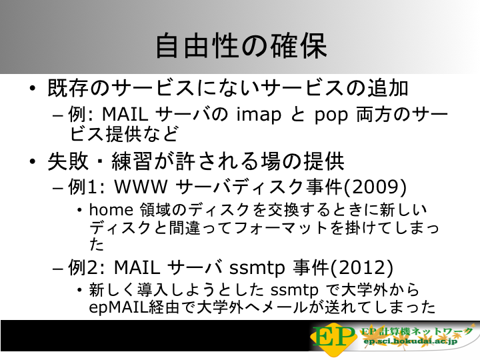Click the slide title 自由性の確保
click(241, 46)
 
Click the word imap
click(259, 115)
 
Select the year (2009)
click(375, 186)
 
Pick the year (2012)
click(362, 267)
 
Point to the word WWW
click(141, 186)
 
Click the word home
click(111, 210)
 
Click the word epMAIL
click(119, 307)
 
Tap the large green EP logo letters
click(334, 337)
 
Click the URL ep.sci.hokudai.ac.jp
click(410, 341)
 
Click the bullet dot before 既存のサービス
click(33, 89)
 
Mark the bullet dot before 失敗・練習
click(33, 161)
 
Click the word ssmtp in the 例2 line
click(257, 267)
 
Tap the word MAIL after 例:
click(125, 114)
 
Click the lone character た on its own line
click(97, 244)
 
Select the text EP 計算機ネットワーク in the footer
click(417, 331)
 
